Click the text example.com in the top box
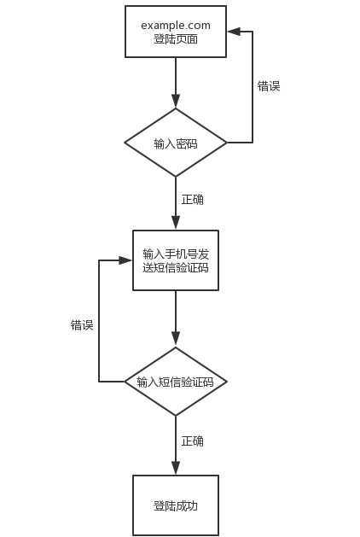coord(176,26)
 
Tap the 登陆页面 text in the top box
coord(176,38)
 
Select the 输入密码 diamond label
coord(176,143)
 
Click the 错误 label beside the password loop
coord(269,86)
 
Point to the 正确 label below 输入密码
coord(192,199)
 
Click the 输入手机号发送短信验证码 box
coord(176,260)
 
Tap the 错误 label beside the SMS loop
coord(82,324)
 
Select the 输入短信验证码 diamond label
coord(175,382)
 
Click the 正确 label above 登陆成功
coord(192,441)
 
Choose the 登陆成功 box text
coord(176,505)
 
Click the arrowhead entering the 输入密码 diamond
coord(176,102)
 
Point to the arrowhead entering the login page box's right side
coord(234,32)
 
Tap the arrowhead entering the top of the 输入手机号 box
coord(176,224)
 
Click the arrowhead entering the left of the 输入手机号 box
coord(125,260)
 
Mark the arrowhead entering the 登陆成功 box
coord(176,469)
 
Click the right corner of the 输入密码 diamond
coord(227,143)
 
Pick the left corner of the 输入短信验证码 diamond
coord(125,382)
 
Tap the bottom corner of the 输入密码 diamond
coord(176,177)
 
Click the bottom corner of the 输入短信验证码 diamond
coord(176,416)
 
